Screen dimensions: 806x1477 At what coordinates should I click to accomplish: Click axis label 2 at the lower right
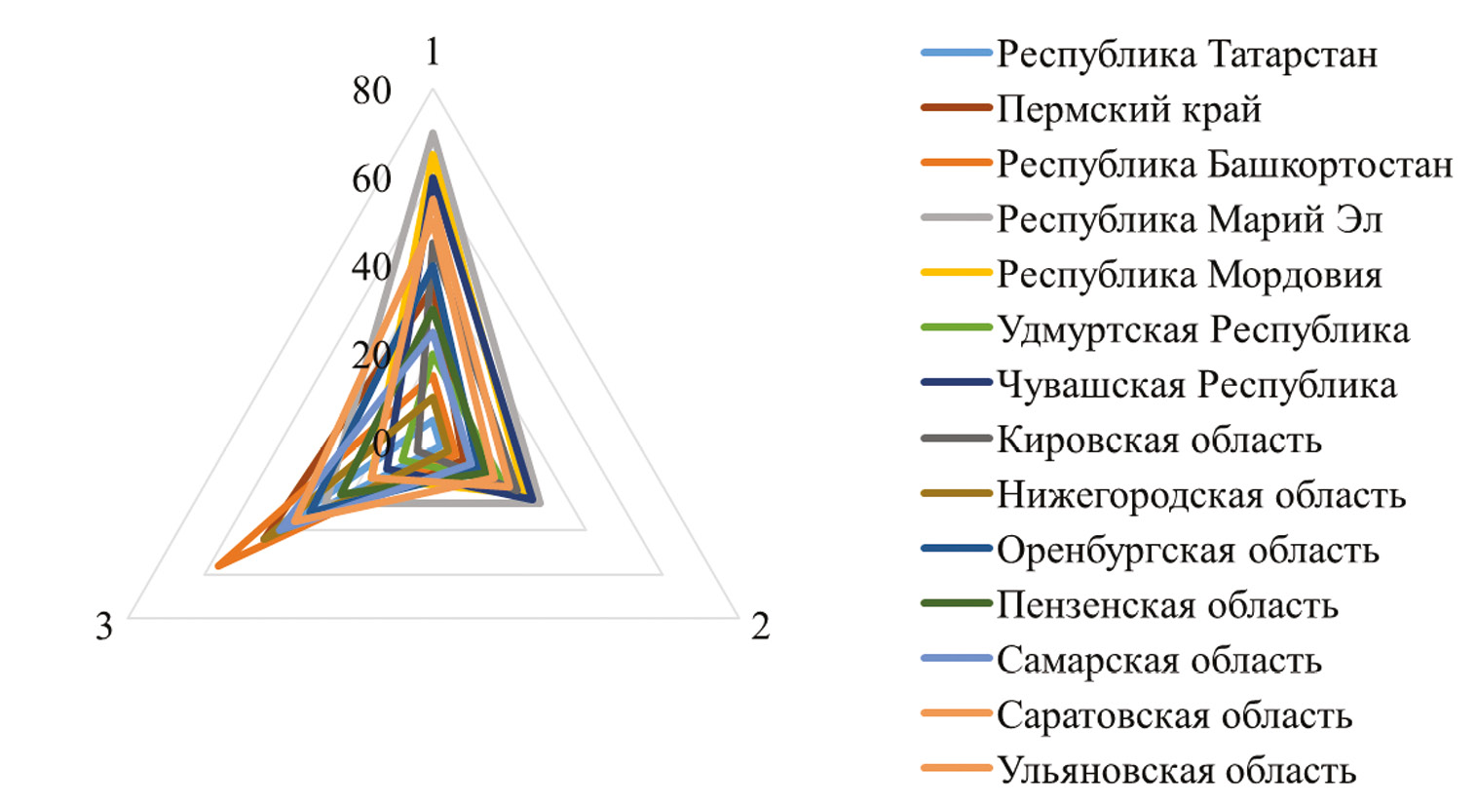(x=760, y=627)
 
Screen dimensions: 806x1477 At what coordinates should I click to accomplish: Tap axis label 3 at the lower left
(x=104, y=627)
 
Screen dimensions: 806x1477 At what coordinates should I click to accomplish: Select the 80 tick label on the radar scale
(x=371, y=92)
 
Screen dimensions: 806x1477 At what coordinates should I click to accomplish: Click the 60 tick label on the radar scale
(x=371, y=179)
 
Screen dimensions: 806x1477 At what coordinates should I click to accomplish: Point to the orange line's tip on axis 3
(x=218, y=565)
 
